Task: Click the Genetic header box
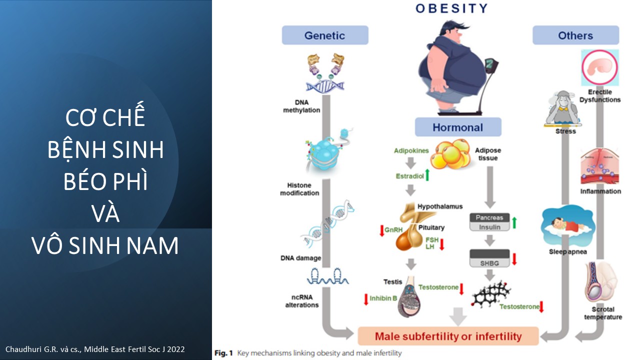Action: pos(325,35)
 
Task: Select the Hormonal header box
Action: pos(457,127)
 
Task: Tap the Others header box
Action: pos(575,35)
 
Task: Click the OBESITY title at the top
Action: pos(451,8)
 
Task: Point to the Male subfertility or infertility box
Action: pos(448,336)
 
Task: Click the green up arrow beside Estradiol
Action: pos(427,174)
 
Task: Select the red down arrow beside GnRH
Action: pos(381,230)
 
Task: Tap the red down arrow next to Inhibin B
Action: pos(365,299)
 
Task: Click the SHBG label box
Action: pos(489,263)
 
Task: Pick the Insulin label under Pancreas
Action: pos(489,227)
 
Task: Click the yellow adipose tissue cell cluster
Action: pos(450,154)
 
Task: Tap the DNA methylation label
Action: pos(301,106)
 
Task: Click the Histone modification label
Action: pos(299,189)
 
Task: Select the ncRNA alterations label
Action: pos(301,301)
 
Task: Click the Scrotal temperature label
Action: pos(603,313)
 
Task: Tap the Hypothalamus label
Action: pos(440,206)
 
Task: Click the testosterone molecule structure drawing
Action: pos(491,294)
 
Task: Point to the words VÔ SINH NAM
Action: pos(105,245)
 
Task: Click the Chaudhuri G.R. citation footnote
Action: pos(95,349)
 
